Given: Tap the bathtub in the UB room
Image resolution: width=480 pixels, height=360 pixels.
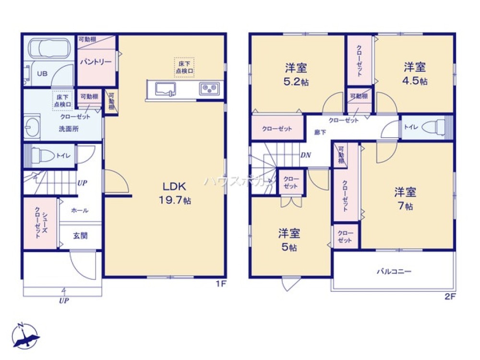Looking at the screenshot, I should [49, 48].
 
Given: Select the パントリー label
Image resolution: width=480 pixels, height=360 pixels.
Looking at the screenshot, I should [96, 62].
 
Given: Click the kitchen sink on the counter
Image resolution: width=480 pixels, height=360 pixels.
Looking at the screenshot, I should [164, 88].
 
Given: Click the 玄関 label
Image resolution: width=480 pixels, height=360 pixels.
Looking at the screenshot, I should [80, 236].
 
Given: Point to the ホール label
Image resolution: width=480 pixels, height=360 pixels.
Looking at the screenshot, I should [79, 210].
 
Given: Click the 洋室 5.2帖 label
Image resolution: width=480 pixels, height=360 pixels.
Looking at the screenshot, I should [296, 74].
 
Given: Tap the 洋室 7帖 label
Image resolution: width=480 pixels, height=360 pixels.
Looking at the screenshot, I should [405, 199].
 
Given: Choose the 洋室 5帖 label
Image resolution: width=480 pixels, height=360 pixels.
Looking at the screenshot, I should [289, 240].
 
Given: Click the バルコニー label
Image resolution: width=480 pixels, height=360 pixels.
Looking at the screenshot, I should [394, 272].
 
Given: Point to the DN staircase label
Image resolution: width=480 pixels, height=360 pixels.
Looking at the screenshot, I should [305, 155].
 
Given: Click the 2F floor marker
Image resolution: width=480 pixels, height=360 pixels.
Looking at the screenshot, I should [449, 296].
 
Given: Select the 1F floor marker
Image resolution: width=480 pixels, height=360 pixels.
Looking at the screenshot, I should [220, 284].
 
